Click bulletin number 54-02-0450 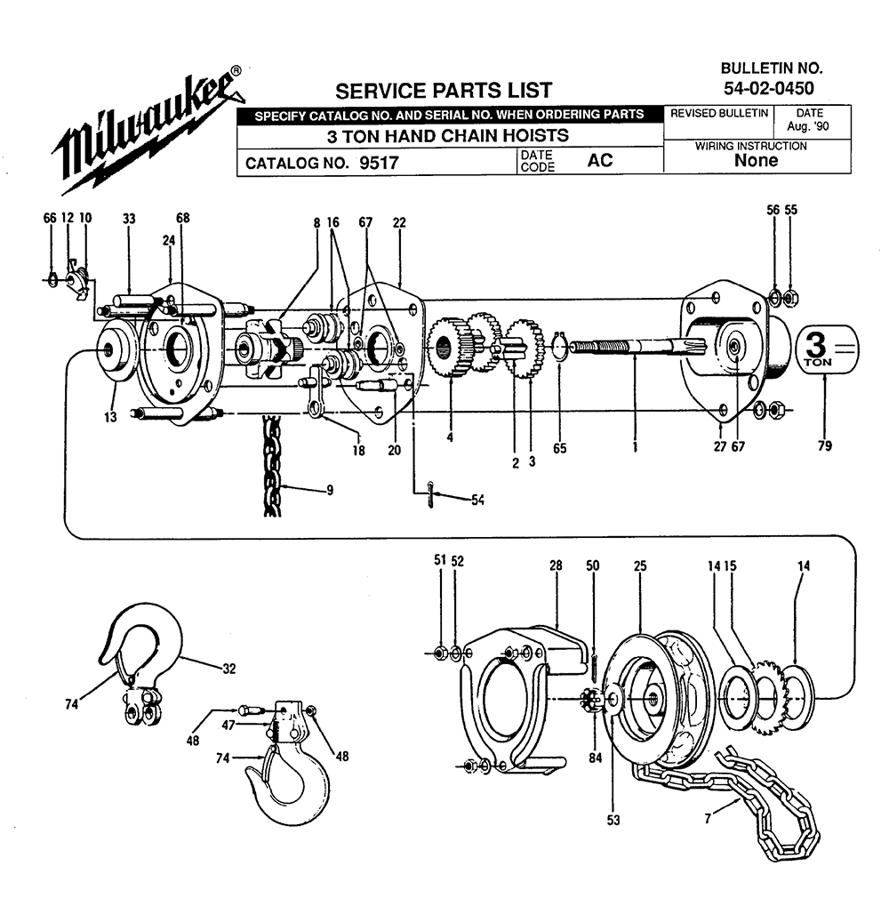pyautogui.click(x=769, y=88)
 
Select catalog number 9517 pyautogui.click(x=379, y=164)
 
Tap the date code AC pyautogui.click(x=600, y=160)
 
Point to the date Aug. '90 pyautogui.click(x=808, y=126)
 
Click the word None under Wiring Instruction pyautogui.click(x=757, y=160)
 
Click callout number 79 pyautogui.click(x=825, y=445)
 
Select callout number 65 pyautogui.click(x=560, y=448)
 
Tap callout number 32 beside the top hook pyautogui.click(x=229, y=669)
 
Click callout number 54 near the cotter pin pyautogui.click(x=477, y=501)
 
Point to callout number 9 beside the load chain pyautogui.click(x=330, y=490)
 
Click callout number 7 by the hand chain pyautogui.click(x=708, y=819)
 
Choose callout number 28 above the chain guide pyautogui.click(x=556, y=565)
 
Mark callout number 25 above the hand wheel pyautogui.click(x=640, y=565)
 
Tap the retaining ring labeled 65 pyautogui.click(x=560, y=347)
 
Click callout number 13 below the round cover pyautogui.click(x=110, y=417)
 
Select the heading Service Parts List pyautogui.click(x=444, y=91)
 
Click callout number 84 pyautogui.click(x=595, y=758)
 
